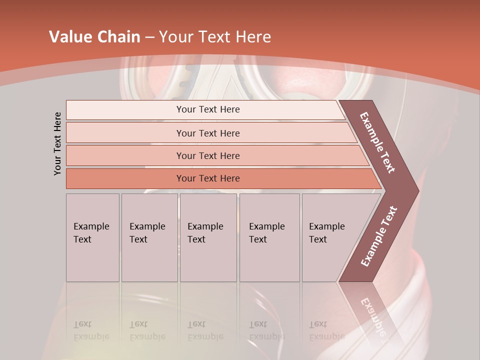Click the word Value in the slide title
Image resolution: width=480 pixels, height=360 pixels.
pyautogui.click(x=68, y=37)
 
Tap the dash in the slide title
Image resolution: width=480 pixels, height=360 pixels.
pyautogui.click(x=149, y=37)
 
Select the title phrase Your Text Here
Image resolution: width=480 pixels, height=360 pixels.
pyautogui.click(x=215, y=37)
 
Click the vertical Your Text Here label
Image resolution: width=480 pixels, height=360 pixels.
pyautogui.click(x=57, y=144)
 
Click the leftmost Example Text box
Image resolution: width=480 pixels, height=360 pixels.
pyautogui.click(x=92, y=237)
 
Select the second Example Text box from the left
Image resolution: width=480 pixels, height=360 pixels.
pyautogui.click(x=149, y=237)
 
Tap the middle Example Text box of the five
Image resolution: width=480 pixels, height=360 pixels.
pyautogui.click(x=208, y=237)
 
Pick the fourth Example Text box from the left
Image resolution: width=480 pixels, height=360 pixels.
pyautogui.click(x=269, y=237)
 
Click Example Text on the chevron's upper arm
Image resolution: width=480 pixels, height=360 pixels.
pyautogui.click(x=377, y=142)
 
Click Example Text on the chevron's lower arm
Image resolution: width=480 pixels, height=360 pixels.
pyautogui.click(x=379, y=236)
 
